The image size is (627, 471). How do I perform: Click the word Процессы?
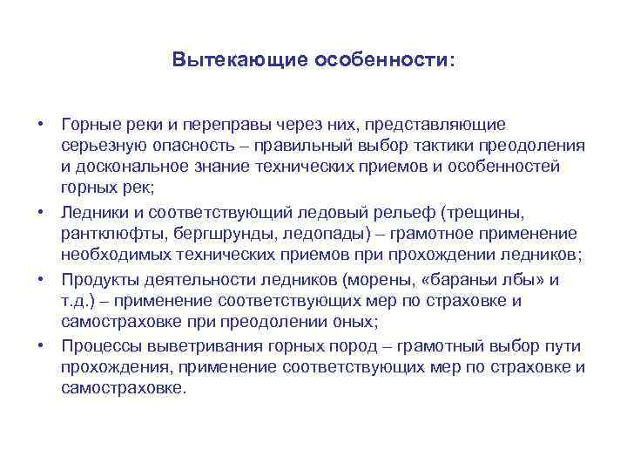point(100,347)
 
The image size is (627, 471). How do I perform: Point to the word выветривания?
point(195,347)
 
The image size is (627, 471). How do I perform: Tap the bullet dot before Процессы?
point(40,345)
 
